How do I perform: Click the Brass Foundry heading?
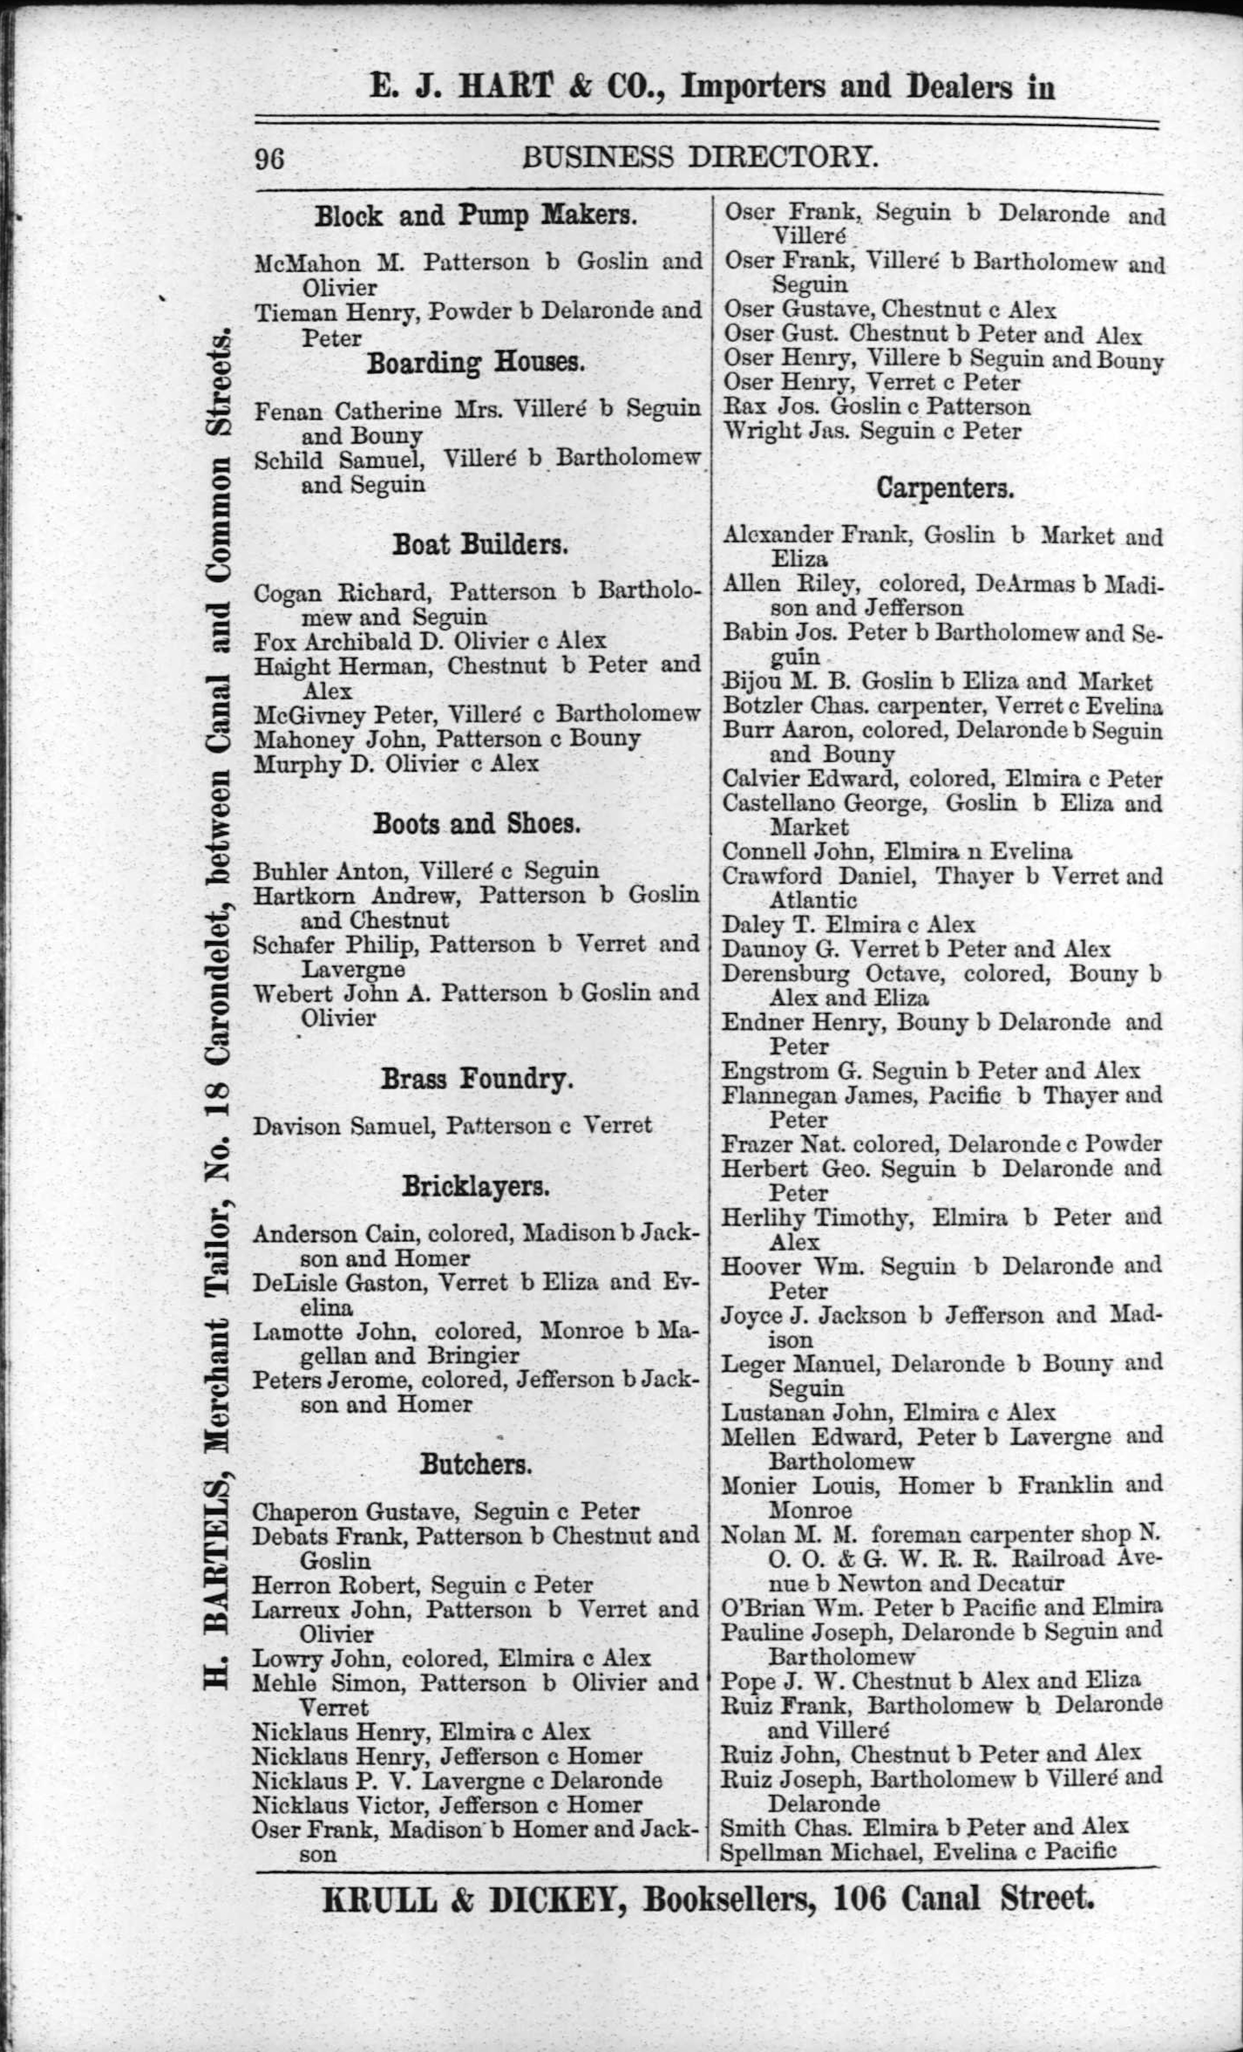click(477, 1079)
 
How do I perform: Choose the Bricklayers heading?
click(475, 1186)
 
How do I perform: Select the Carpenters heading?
click(945, 489)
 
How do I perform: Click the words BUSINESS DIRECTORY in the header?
click(699, 157)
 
